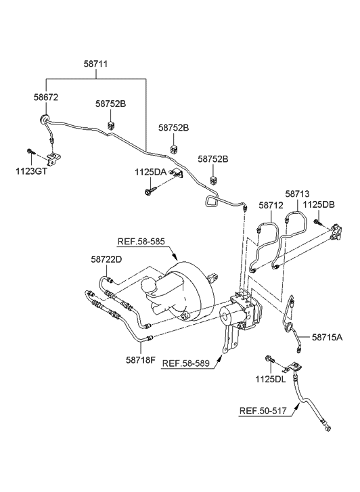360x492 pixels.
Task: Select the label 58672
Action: point(46,97)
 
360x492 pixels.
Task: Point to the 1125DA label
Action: point(150,172)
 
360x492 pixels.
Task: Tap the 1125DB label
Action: point(318,204)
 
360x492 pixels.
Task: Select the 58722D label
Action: point(106,259)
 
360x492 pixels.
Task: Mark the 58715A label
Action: point(327,336)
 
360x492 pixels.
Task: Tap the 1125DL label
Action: point(269,380)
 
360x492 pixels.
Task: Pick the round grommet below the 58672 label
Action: point(45,121)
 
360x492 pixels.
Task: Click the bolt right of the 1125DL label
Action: point(271,358)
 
